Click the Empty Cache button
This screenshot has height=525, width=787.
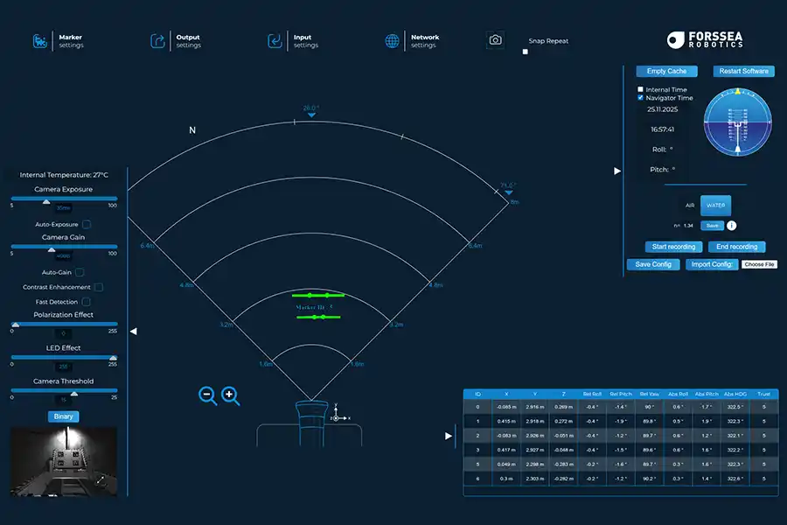point(666,71)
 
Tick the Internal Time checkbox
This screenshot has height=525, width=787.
point(640,89)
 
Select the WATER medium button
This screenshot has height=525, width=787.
point(715,205)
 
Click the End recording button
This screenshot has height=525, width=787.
point(736,247)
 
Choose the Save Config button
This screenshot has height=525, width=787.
point(653,264)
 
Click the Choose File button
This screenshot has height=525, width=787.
point(758,264)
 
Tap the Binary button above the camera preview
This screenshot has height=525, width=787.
point(63,416)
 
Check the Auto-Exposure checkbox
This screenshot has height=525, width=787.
point(87,225)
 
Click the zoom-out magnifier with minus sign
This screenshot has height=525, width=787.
point(208,395)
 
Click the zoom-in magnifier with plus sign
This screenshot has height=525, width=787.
point(231,395)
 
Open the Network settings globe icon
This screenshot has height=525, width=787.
point(393,41)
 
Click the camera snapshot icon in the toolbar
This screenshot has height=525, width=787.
point(496,40)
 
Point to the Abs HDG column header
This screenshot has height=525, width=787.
point(735,394)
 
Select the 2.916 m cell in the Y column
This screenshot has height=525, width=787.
point(535,407)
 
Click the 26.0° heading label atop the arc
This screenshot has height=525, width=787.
point(311,108)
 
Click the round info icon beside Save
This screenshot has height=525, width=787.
point(731,226)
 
